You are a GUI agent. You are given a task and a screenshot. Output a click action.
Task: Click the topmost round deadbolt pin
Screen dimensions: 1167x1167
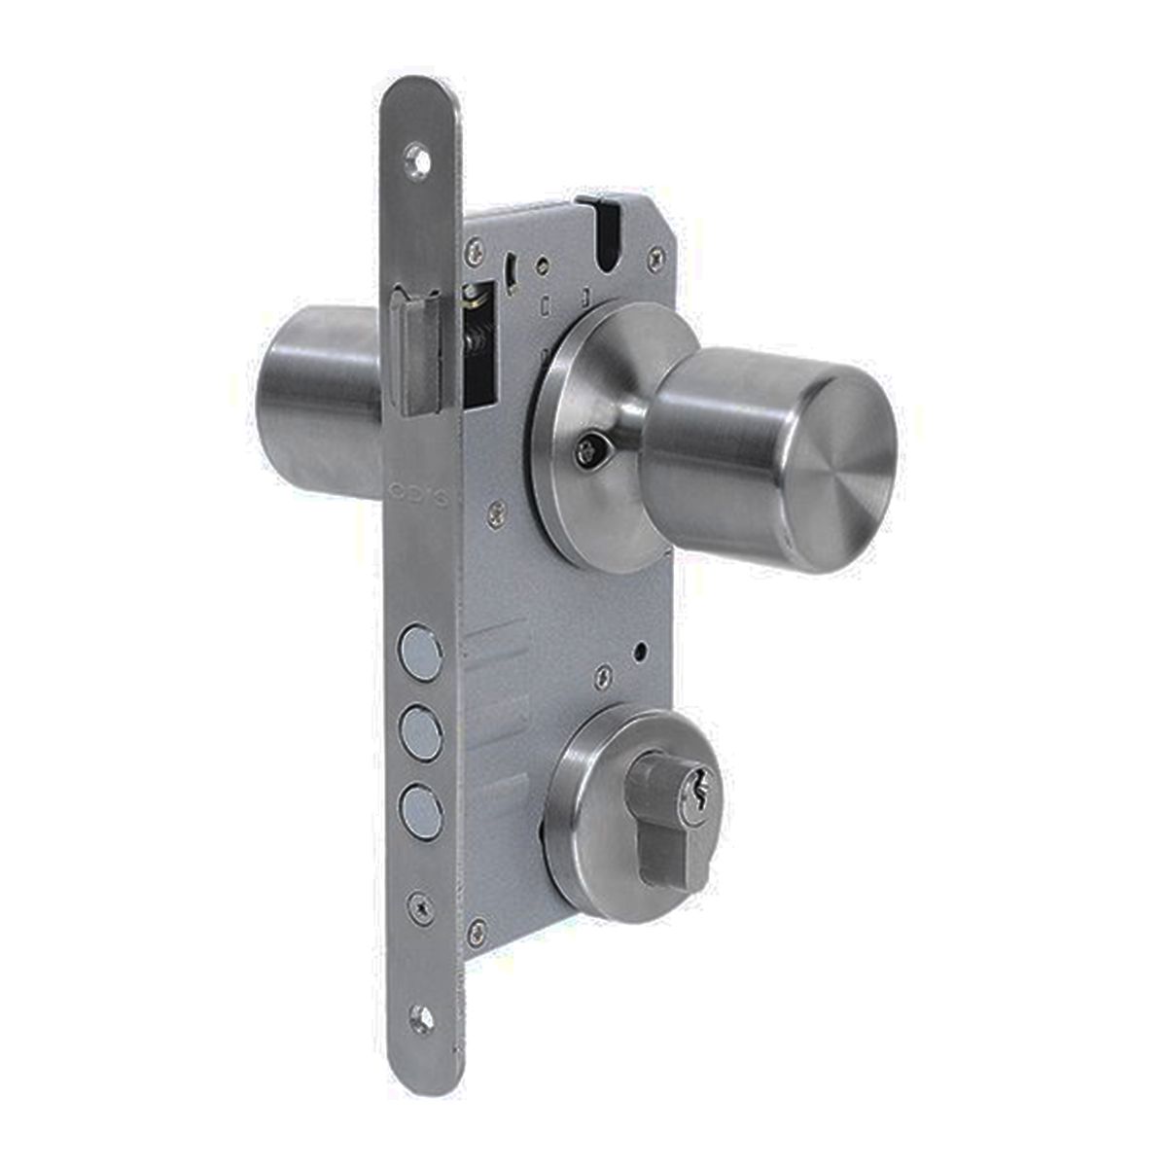tap(417, 648)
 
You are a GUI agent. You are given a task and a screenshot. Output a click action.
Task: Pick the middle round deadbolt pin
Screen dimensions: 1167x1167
tap(417, 725)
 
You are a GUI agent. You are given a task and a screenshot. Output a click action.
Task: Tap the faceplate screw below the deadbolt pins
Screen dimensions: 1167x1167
tap(419, 904)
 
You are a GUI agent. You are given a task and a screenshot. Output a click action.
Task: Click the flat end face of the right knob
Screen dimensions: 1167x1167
tap(835, 468)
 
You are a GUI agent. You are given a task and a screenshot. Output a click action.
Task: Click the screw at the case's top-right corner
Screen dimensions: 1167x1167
tap(659, 257)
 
